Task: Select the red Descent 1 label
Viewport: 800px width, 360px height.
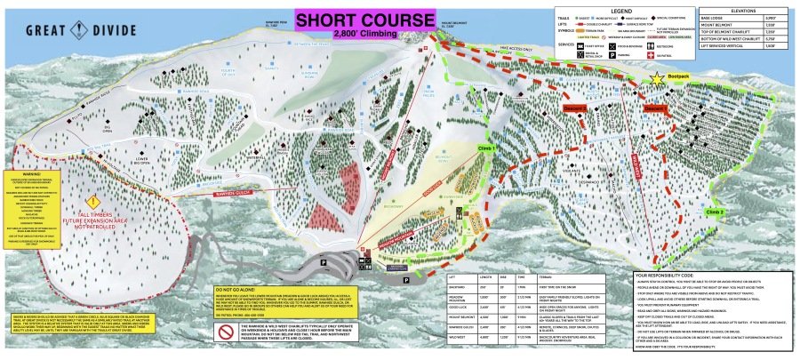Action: (x=656, y=108)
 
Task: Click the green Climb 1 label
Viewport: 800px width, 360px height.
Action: (x=486, y=148)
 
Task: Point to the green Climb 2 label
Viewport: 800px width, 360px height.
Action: (x=716, y=212)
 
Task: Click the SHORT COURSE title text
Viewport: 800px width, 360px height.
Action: (x=367, y=19)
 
